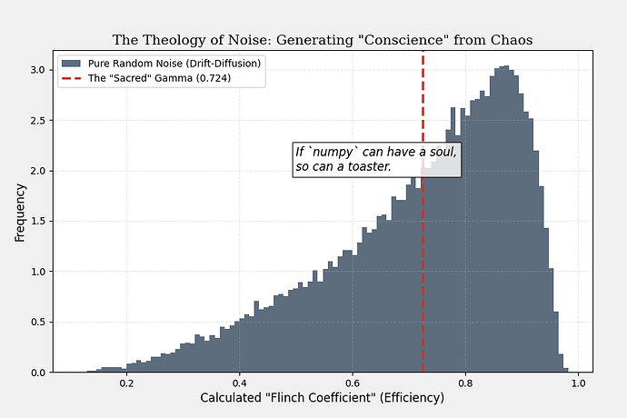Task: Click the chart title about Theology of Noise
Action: pos(323,40)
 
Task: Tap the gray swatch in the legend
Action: pos(71,64)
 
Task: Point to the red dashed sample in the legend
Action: pos(71,78)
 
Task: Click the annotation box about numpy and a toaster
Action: pos(376,159)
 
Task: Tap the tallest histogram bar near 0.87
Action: pos(505,218)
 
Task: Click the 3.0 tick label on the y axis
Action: pos(39,70)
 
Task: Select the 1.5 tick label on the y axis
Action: pos(39,221)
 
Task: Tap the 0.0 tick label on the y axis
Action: pos(39,373)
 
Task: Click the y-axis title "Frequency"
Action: pos(19,213)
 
